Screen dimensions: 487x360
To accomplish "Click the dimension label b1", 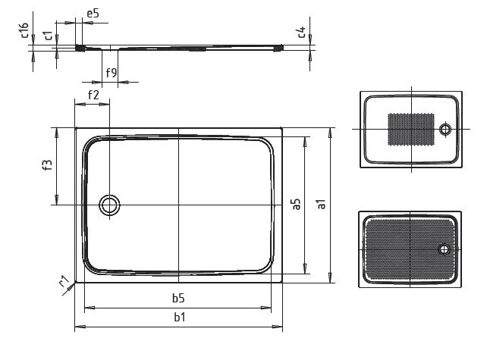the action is pyautogui.click(x=180, y=317).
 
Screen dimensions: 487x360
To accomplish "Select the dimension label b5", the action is pyautogui.click(x=178, y=298).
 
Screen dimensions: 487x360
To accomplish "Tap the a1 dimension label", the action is pyautogui.click(x=322, y=204).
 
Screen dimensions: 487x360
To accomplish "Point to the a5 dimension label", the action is pyautogui.click(x=297, y=204).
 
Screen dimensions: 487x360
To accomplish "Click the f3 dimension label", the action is pyautogui.click(x=47, y=164).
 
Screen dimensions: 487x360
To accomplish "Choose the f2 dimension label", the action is pyautogui.click(x=93, y=95).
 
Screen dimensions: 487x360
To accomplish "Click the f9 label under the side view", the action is pyautogui.click(x=112, y=73).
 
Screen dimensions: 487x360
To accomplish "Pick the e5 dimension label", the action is pyautogui.click(x=93, y=14).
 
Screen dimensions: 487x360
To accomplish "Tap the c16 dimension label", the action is pyautogui.click(x=25, y=30).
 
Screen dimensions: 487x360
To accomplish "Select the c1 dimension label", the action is pyautogui.click(x=48, y=35).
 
